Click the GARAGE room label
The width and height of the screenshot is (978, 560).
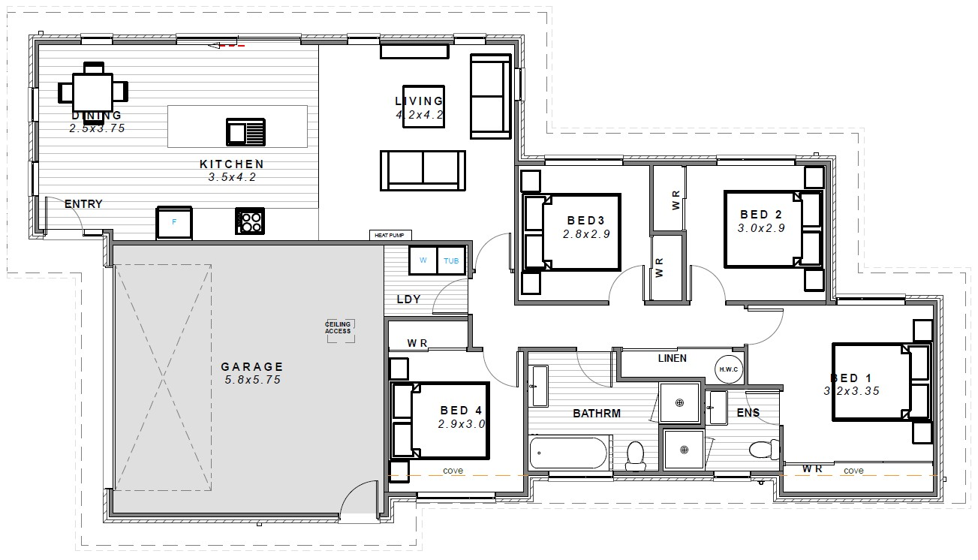252,367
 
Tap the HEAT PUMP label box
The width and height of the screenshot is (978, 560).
389,236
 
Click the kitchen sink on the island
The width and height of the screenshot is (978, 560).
245,132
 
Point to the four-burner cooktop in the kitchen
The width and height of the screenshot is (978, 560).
250,221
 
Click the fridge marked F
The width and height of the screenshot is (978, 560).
175,222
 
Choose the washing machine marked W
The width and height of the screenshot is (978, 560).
423,260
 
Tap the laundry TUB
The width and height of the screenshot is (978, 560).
451,260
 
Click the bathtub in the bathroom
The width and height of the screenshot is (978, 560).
568,453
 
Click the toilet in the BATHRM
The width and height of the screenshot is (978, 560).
636,455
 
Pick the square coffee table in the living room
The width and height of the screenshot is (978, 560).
423,106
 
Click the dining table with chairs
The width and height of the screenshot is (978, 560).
93,91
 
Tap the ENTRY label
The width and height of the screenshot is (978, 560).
83,204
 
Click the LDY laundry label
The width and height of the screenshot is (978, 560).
408,299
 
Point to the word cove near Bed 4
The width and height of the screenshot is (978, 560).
453,471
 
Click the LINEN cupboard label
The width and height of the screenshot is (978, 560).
672,358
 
